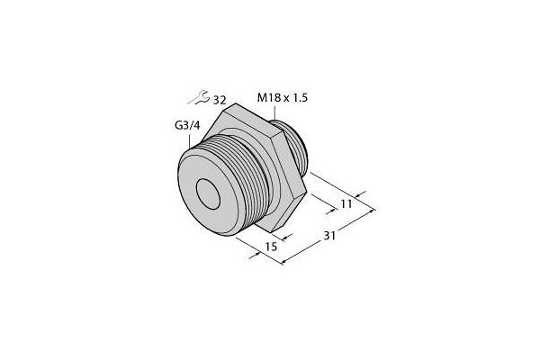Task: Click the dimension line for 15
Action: [x=266, y=251]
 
